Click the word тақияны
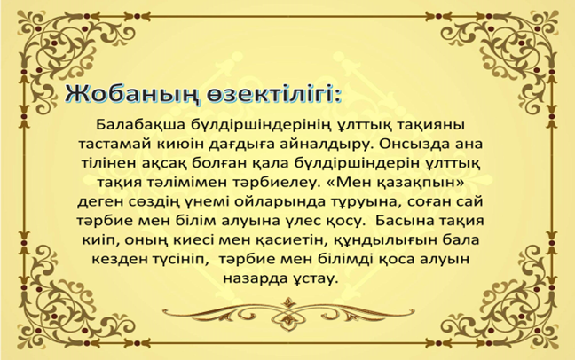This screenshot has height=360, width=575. tap(437, 126)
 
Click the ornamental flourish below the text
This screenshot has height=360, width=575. tap(288, 311)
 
